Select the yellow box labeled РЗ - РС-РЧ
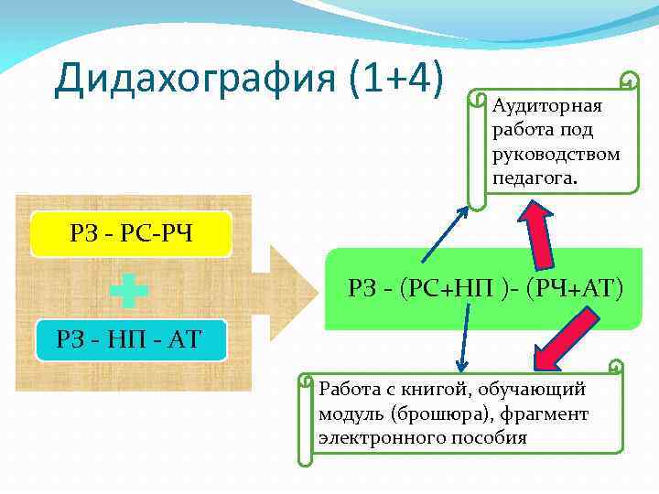[x=132, y=235]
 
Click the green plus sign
[x=128, y=291]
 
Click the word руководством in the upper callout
[x=556, y=153]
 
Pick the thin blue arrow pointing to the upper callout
[x=445, y=234]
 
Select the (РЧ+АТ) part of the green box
[x=574, y=290]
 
